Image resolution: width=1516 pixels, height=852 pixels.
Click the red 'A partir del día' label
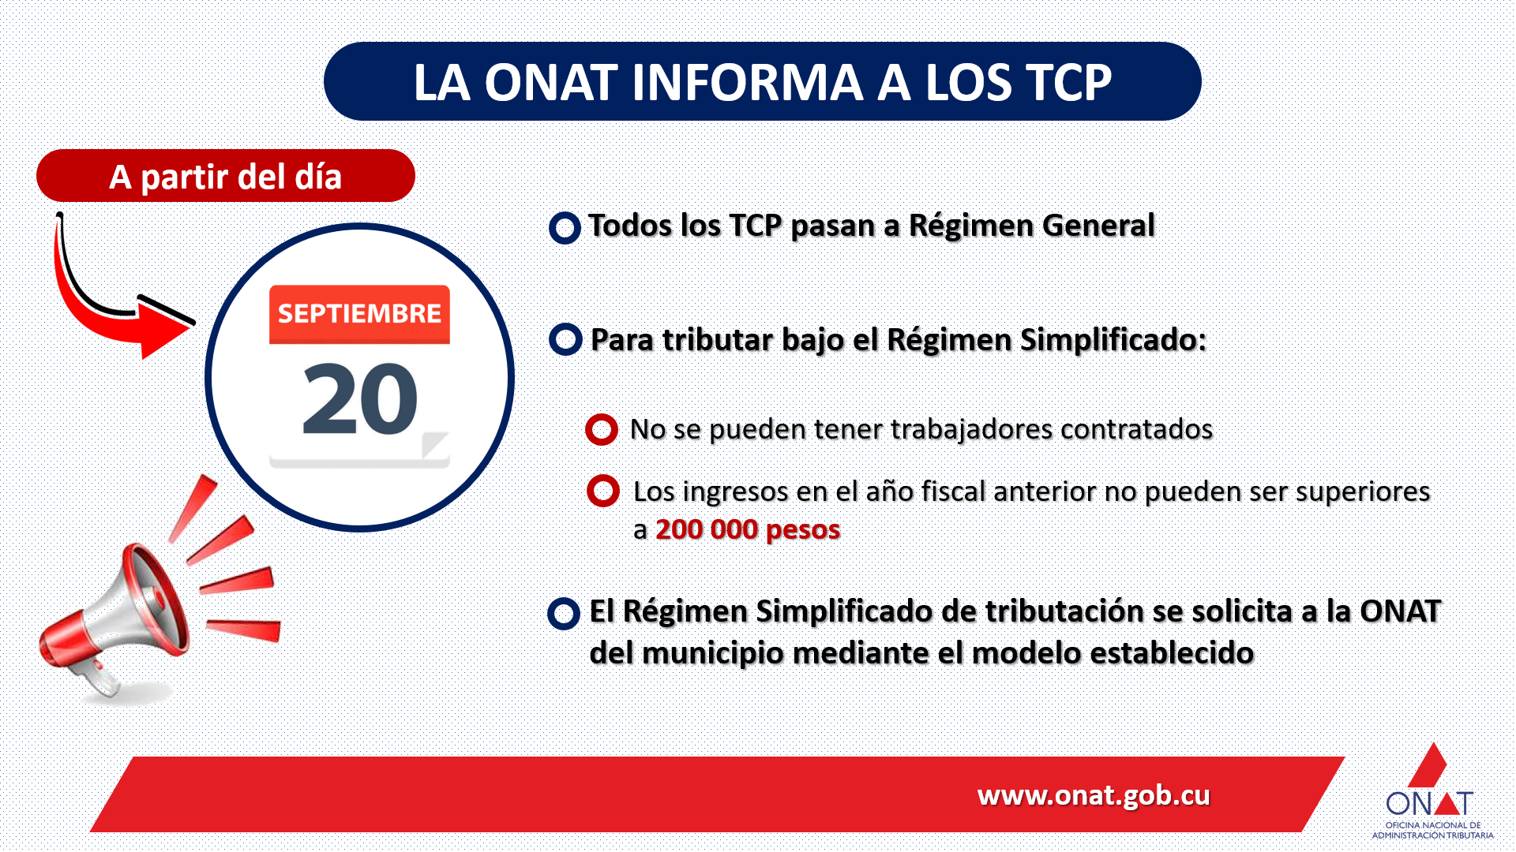click(226, 176)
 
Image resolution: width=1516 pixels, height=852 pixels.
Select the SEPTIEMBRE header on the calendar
click(359, 314)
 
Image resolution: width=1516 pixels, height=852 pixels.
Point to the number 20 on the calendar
click(360, 399)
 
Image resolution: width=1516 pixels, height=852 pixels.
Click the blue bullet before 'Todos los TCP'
click(565, 228)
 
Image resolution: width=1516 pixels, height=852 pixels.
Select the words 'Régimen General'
click(1031, 226)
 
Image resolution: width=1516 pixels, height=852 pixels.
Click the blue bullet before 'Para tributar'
click(565, 339)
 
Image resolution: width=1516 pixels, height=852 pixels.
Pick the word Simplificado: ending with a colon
click(1113, 340)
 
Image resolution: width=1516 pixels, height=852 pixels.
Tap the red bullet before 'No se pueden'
click(602, 429)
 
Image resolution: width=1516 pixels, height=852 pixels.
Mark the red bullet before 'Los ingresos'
click(603, 491)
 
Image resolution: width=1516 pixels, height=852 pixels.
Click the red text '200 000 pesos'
click(748, 529)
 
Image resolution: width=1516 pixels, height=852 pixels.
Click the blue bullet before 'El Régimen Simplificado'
click(564, 614)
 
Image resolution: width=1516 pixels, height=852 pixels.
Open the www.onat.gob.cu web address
click(1094, 795)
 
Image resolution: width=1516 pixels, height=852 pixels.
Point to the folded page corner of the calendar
click(435, 444)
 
